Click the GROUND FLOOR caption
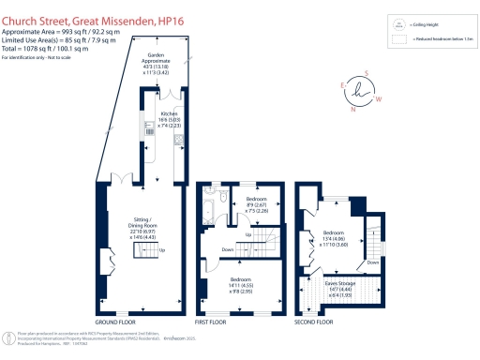point(118,322)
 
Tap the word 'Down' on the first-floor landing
point(227,250)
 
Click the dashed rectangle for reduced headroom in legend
point(399,40)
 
